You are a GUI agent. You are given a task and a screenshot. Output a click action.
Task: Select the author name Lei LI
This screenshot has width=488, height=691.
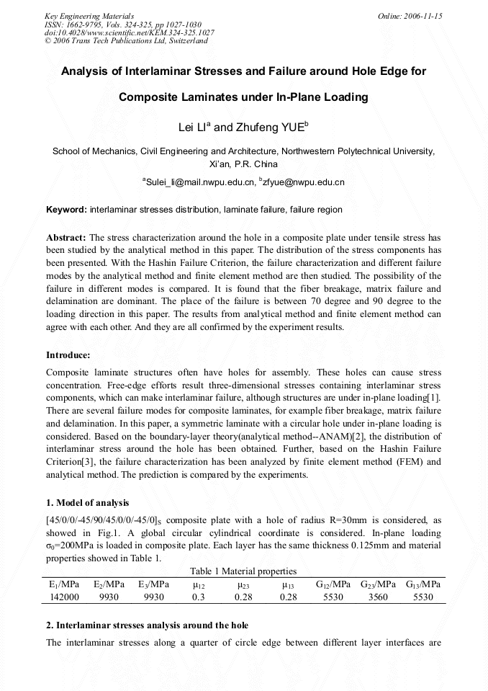193,128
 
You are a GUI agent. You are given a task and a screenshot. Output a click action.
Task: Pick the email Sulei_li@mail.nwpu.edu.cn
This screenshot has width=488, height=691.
199,182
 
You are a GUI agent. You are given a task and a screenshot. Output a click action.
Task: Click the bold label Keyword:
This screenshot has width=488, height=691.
66,210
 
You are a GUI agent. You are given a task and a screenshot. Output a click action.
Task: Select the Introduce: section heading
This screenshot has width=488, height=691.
68,355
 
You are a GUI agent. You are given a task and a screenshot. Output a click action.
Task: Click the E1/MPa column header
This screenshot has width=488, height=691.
63,584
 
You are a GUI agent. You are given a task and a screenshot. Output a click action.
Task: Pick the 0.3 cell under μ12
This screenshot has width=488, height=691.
199,597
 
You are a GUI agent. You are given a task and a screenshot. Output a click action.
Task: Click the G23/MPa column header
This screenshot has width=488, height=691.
379,584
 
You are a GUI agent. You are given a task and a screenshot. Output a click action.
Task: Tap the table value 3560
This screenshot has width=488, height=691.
379,597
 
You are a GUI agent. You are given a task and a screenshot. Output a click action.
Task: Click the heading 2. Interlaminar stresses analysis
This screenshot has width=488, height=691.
148,624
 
